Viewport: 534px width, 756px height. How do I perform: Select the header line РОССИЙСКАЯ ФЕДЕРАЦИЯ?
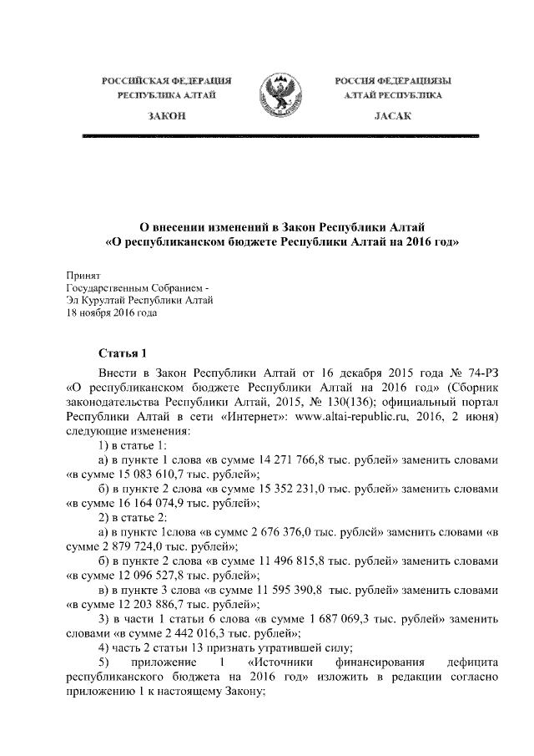(166, 81)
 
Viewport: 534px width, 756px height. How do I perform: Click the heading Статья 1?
(123, 353)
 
